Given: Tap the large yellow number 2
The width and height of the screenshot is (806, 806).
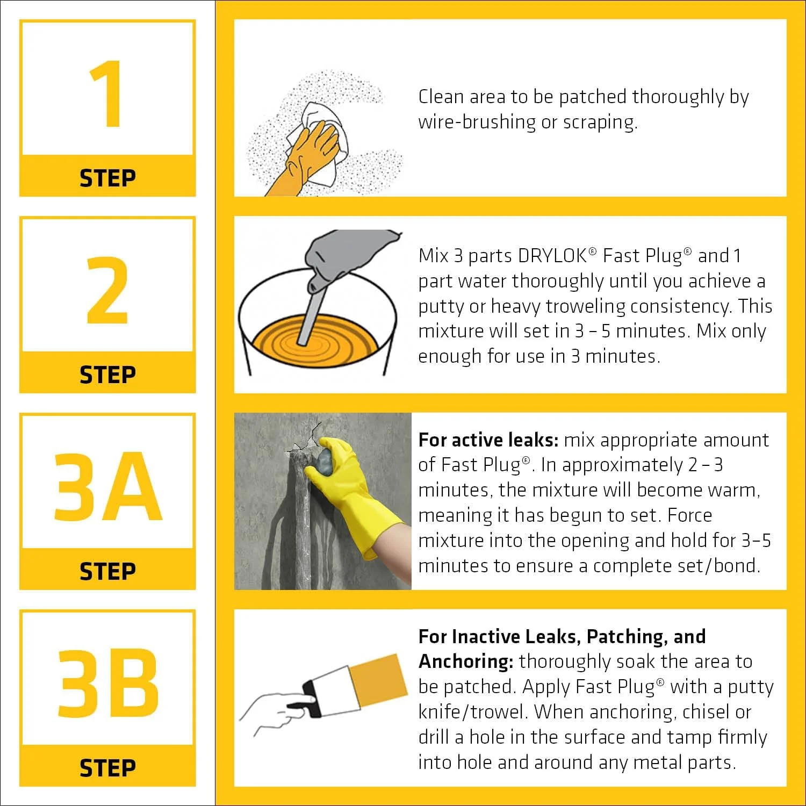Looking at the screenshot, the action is pyautogui.click(x=107, y=290).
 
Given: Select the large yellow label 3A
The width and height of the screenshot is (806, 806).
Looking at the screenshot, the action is pyautogui.click(x=107, y=487).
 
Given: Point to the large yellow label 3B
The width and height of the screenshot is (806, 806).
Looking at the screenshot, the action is pyautogui.click(x=107, y=683).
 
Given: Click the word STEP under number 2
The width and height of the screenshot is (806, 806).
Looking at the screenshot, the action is pyautogui.click(x=107, y=375).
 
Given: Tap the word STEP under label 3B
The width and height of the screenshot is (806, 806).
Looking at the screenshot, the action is pyautogui.click(x=107, y=768).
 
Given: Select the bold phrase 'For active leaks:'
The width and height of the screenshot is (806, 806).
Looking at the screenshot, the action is pyautogui.click(x=488, y=440).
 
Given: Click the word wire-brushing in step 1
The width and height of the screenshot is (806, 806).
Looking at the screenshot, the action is pyautogui.click(x=477, y=122).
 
